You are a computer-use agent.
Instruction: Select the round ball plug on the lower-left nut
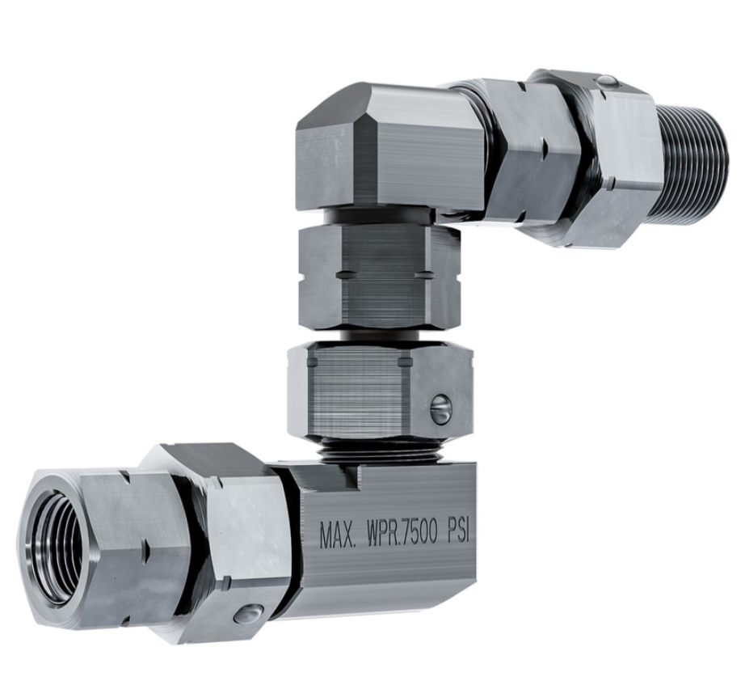(x=248, y=615)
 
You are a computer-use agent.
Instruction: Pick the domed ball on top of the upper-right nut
(x=607, y=82)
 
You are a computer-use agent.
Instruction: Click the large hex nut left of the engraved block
(x=226, y=542)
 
